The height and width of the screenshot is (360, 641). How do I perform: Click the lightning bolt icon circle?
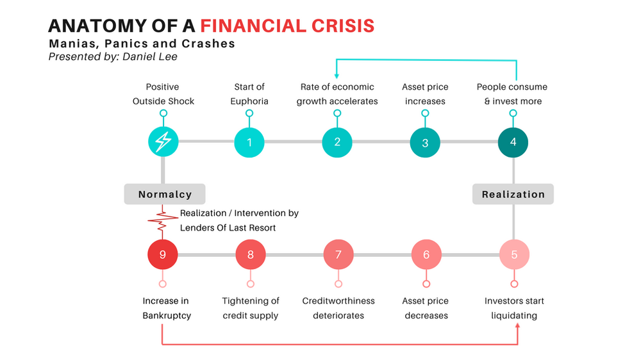163,142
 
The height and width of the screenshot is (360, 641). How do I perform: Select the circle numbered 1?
250,142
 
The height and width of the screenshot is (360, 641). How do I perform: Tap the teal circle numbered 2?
337,142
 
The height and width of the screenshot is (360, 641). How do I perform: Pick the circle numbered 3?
425,143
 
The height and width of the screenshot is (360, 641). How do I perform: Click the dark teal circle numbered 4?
513,142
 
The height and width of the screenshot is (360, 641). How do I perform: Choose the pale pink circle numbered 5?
513,254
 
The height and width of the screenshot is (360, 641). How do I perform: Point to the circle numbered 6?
426,254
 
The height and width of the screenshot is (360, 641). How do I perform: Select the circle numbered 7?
338,254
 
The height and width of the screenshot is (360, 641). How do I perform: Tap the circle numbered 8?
250,254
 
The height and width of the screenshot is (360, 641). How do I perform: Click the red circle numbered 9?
163,254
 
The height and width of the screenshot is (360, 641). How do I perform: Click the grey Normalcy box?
165,194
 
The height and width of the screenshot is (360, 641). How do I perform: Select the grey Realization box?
513,194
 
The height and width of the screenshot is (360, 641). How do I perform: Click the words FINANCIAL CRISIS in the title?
287,26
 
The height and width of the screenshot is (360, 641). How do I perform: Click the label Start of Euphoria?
250,94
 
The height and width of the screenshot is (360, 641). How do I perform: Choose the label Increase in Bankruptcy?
166,308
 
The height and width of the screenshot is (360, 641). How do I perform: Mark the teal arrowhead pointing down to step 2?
337,76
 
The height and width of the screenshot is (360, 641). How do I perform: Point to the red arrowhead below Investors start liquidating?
517,327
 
